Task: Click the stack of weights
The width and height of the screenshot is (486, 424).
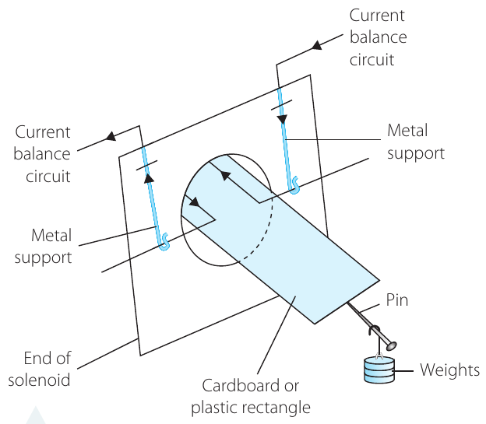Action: (x=379, y=370)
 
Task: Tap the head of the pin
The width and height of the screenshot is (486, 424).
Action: (x=392, y=345)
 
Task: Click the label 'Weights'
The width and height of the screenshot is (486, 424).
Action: (x=449, y=370)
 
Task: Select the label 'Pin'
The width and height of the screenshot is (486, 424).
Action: (x=397, y=300)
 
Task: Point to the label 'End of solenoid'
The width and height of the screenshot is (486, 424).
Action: (x=40, y=369)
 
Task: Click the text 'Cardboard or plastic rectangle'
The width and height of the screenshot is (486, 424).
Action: (x=251, y=397)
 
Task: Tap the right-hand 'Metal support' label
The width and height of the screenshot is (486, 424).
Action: (x=416, y=142)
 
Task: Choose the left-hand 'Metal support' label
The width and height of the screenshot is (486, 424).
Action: (x=43, y=246)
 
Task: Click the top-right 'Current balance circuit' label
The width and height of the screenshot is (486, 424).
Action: (x=378, y=37)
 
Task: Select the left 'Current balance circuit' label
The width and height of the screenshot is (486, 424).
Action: (x=42, y=154)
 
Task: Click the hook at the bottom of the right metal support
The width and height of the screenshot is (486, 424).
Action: (x=294, y=185)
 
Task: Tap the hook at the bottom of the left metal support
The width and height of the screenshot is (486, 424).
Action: (x=164, y=242)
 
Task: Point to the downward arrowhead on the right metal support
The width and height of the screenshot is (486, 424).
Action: (x=283, y=119)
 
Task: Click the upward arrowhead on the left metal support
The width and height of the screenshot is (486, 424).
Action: (x=149, y=178)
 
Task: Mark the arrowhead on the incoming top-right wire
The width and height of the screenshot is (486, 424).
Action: (x=317, y=45)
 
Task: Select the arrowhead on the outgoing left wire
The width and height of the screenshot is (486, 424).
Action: (x=111, y=136)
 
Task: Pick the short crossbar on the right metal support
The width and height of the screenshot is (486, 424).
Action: (x=281, y=105)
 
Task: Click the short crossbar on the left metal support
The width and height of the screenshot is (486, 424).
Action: (x=146, y=165)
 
